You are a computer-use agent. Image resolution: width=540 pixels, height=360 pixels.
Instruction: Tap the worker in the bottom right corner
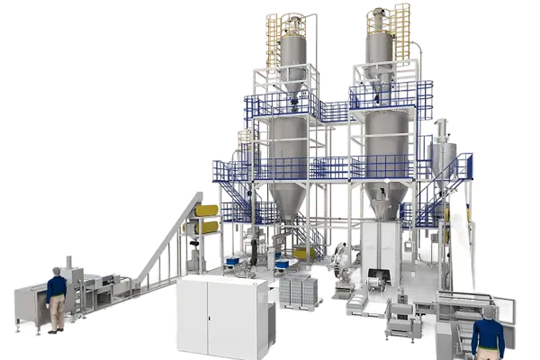(488, 337)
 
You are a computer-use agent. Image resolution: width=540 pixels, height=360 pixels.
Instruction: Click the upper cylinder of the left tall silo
(293, 54)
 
